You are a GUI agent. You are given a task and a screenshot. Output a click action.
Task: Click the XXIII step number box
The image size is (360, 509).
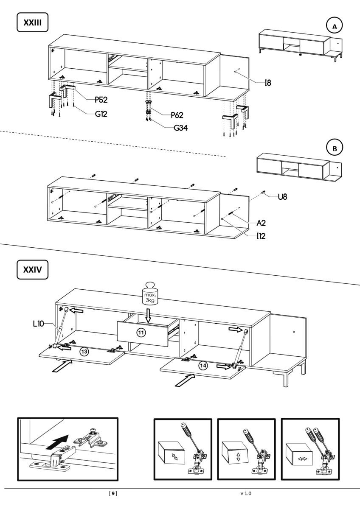coord(32,22)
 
